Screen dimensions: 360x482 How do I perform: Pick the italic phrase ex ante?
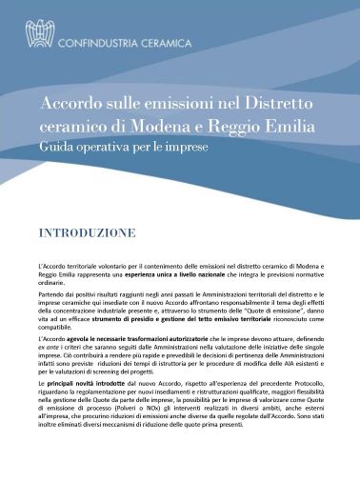coord(48,350)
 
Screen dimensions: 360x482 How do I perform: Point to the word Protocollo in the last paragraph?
coord(304,393)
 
